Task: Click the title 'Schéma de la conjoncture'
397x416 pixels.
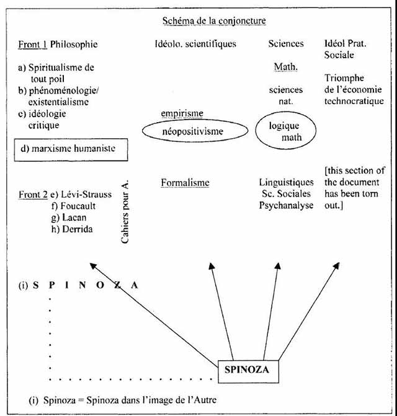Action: pyautogui.click(x=213, y=21)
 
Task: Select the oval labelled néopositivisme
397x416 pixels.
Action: pyautogui.click(x=192, y=132)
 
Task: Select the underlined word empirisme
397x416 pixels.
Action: pyautogui.click(x=182, y=113)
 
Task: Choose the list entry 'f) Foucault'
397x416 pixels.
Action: pyautogui.click(x=79, y=206)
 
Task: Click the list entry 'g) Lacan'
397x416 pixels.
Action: pyautogui.click(x=74, y=217)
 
